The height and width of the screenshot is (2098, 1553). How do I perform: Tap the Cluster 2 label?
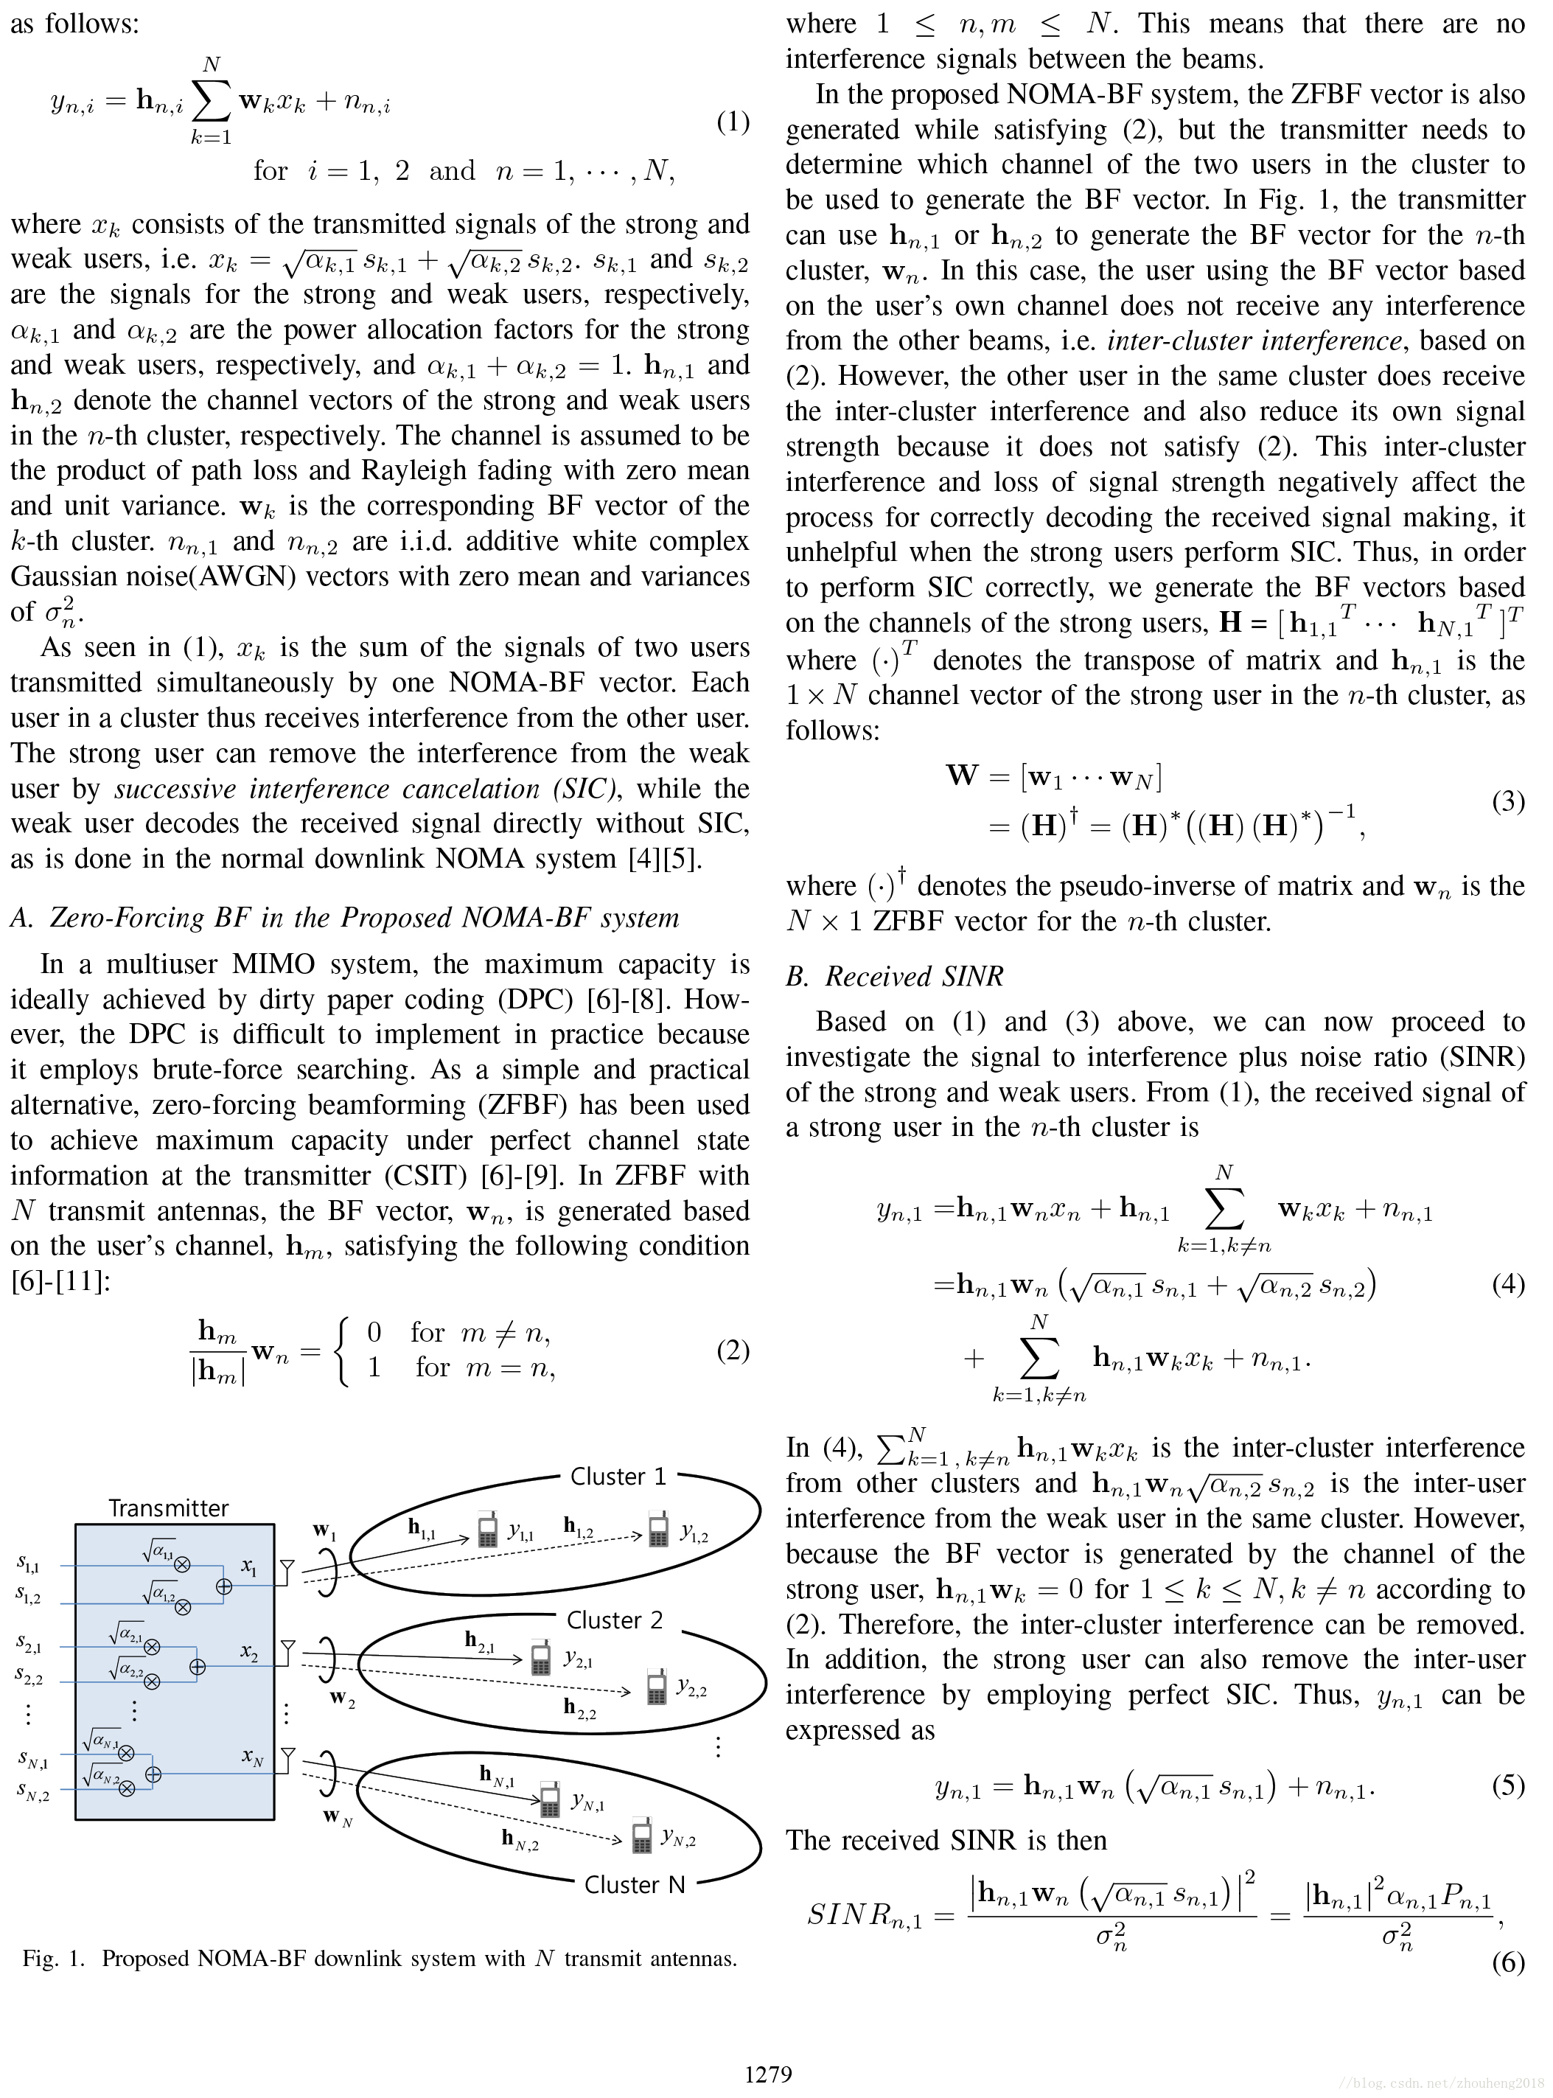[x=614, y=1620]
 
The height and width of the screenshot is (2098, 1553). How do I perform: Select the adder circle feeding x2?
[x=198, y=1667]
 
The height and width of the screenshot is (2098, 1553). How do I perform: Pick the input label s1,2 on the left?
[x=28, y=1595]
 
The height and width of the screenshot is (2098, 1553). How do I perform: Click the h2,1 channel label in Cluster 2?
[x=479, y=1640]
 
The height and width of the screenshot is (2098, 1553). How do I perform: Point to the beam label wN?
[x=338, y=1816]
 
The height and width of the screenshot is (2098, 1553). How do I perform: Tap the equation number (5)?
[x=1508, y=1784]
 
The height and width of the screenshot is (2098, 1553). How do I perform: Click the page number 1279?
[x=768, y=2074]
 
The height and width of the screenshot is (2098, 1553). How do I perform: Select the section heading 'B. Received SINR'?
[x=894, y=977]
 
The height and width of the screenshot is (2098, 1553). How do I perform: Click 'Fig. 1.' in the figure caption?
[x=54, y=1958]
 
